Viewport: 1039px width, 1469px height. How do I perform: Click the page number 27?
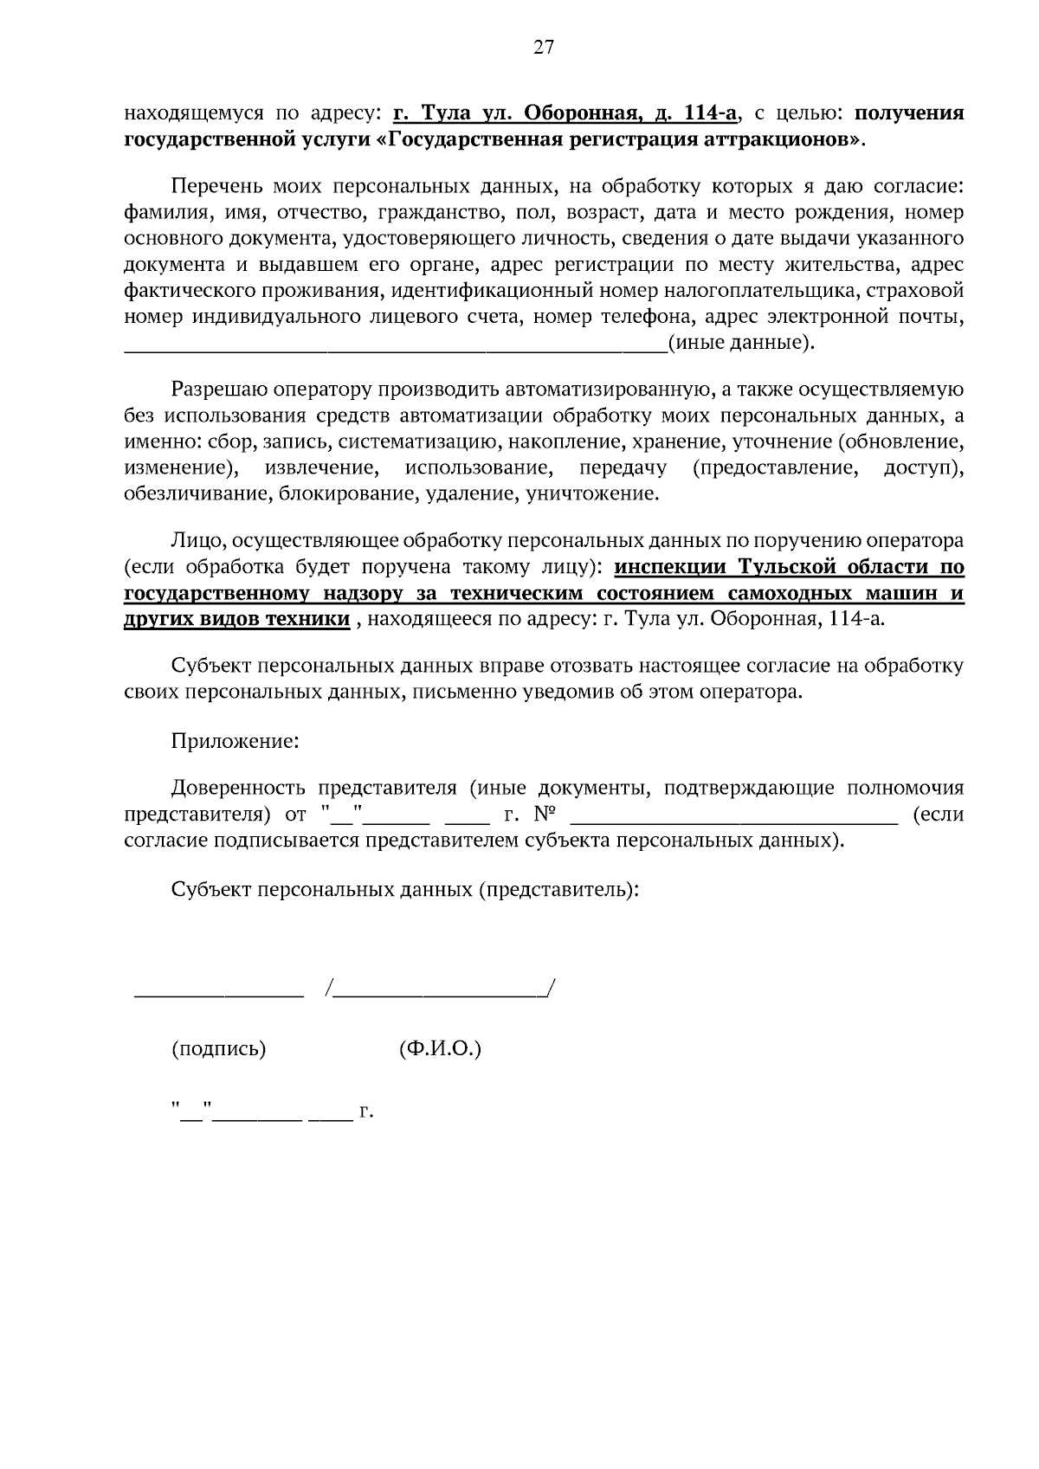coord(543,48)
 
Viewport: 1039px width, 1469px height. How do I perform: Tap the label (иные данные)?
coord(742,343)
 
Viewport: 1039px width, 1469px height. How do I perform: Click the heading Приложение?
coord(236,741)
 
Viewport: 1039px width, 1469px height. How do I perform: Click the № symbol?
coord(545,815)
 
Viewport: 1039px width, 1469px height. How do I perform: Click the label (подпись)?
coord(219,1049)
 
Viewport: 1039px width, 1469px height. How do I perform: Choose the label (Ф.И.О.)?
coord(440,1049)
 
